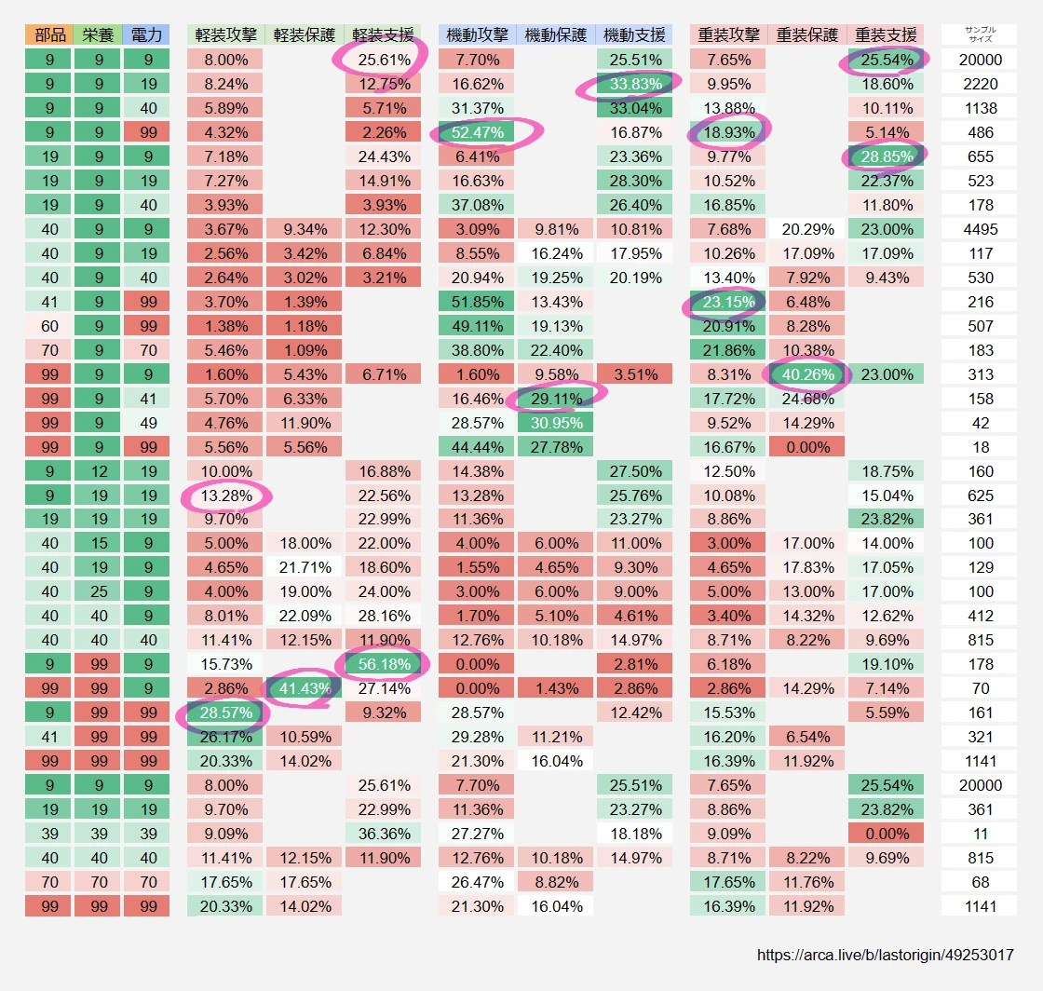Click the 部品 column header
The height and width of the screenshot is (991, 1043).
click(49, 35)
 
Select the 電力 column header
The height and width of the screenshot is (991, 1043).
click(146, 35)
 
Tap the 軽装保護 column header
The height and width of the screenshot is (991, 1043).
click(304, 35)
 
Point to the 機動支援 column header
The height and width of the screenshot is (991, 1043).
click(634, 35)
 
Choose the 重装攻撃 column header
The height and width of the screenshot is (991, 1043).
click(728, 35)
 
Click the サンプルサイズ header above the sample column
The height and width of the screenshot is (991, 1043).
click(981, 34)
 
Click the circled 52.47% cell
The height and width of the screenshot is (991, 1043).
click(477, 132)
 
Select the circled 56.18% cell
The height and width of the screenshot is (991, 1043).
click(383, 664)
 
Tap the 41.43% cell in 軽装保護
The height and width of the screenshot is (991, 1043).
click(304, 688)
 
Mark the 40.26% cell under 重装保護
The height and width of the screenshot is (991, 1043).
click(806, 374)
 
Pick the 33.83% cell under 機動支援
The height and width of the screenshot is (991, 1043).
click(634, 84)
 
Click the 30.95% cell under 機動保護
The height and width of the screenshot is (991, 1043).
click(556, 423)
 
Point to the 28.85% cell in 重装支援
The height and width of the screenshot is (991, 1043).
click(886, 156)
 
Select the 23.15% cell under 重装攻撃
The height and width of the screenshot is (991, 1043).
click(728, 302)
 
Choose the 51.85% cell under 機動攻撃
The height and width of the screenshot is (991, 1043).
click(477, 302)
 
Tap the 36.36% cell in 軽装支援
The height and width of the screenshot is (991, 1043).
click(383, 834)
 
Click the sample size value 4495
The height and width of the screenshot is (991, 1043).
click(981, 229)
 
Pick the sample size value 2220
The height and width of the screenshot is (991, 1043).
click(981, 84)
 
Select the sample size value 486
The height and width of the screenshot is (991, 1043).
click(981, 132)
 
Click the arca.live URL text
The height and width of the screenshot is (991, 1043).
click(885, 955)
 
